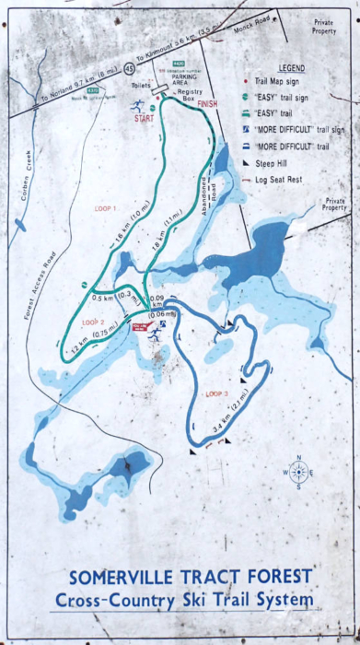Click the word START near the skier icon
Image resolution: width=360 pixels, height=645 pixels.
tap(145, 118)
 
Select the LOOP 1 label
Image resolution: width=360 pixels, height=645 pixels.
tap(106, 209)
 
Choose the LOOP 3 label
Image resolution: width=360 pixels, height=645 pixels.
tap(217, 393)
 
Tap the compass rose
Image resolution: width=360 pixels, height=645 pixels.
tap(298, 472)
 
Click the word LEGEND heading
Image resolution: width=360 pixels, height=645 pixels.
tap(291, 68)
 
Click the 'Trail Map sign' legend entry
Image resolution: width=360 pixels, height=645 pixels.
tap(285, 81)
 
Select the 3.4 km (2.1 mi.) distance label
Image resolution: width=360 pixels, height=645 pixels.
tap(228, 418)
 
